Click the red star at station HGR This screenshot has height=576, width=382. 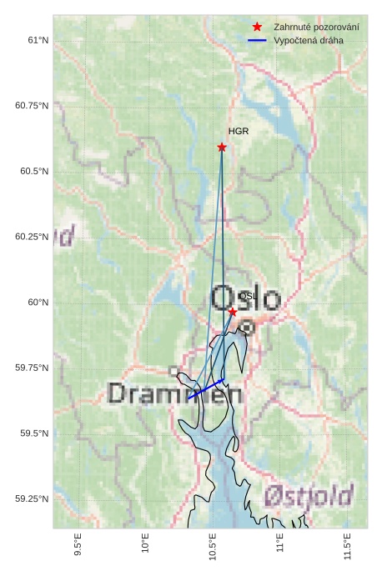222,148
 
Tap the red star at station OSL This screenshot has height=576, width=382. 233,312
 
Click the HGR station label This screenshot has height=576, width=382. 239,132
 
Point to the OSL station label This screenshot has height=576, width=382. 247,296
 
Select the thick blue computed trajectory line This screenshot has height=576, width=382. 207,389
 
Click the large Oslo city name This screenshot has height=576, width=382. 246,298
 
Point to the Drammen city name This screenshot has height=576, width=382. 174,393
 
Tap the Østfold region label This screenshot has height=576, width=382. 309,498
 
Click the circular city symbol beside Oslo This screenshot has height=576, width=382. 247,328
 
